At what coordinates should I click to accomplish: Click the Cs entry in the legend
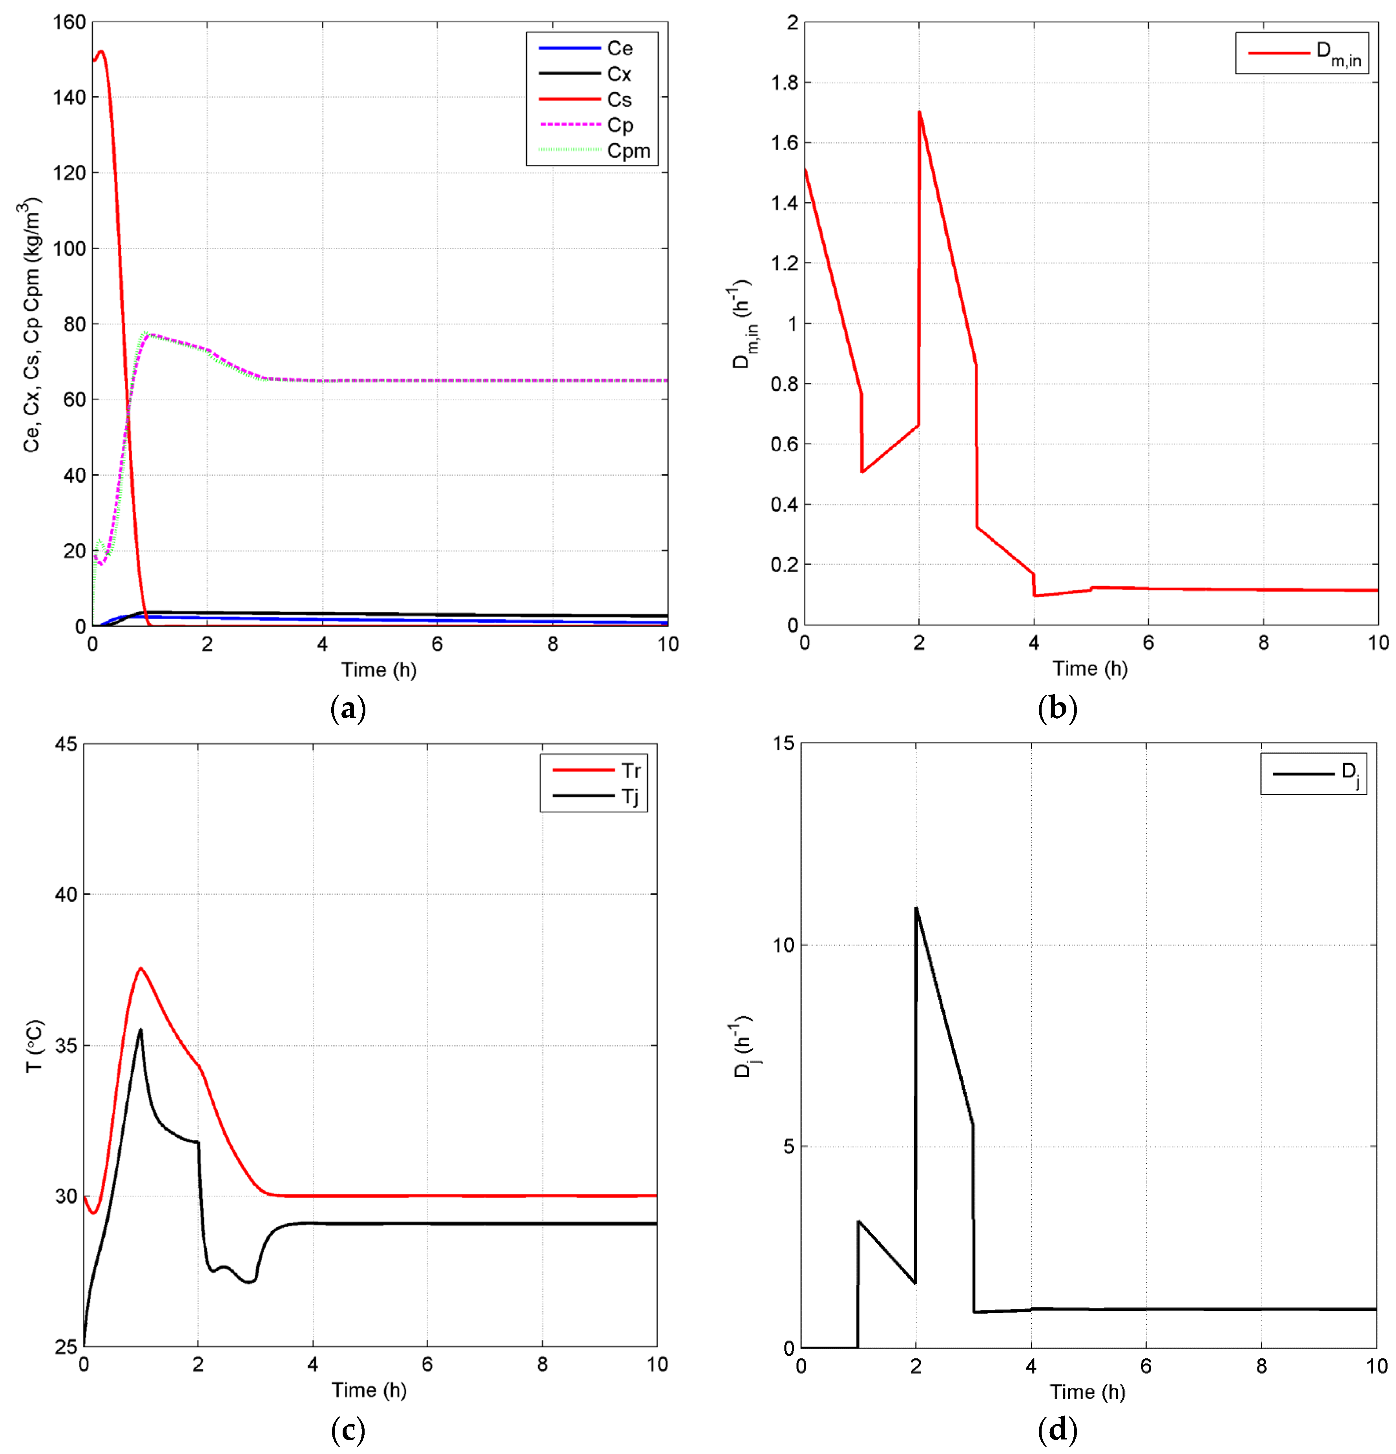coord(619,99)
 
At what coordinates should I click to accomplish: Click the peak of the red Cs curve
coord(101,51)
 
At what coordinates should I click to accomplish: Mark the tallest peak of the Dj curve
coord(916,908)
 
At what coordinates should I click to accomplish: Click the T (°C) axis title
coord(34,1046)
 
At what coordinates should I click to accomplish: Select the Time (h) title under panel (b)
coord(1089,668)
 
